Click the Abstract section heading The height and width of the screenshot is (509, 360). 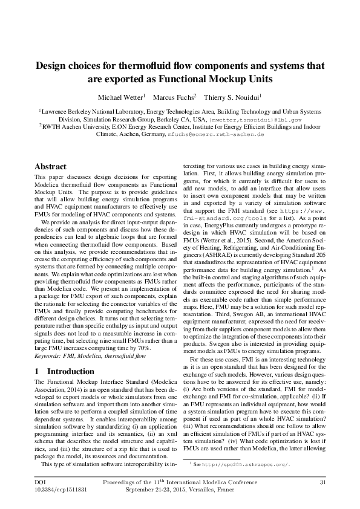click(51, 166)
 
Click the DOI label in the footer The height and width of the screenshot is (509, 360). click(41, 481)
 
